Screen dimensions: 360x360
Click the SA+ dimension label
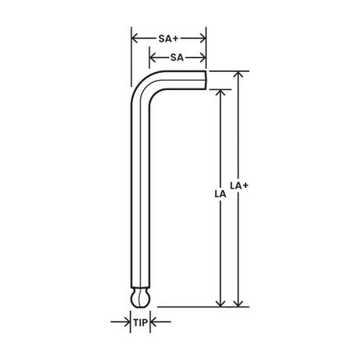[168, 38]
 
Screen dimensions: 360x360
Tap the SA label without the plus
[177, 58]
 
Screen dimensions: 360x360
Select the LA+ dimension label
[239, 185]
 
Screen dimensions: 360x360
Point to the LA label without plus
[220, 194]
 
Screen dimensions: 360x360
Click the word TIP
[141, 322]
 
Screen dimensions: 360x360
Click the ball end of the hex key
[140, 300]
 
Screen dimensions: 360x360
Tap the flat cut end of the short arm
[206, 80]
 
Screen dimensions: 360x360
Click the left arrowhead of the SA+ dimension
[135, 38]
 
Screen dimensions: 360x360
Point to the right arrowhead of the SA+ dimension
[203, 38]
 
